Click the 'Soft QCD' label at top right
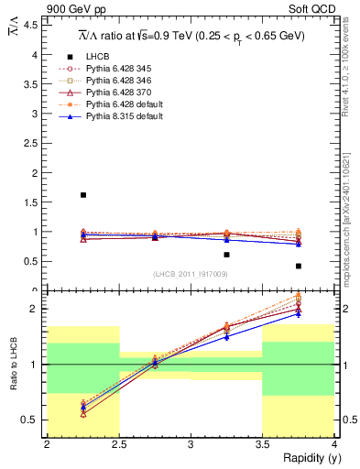[x=312, y=9]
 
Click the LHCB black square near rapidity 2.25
[x=83, y=195]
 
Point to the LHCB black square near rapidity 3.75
[x=299, y=267]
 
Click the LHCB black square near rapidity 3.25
[x=227, y=255]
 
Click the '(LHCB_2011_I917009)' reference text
[x=191, y=274]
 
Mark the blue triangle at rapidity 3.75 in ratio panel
[x=299, y=314]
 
